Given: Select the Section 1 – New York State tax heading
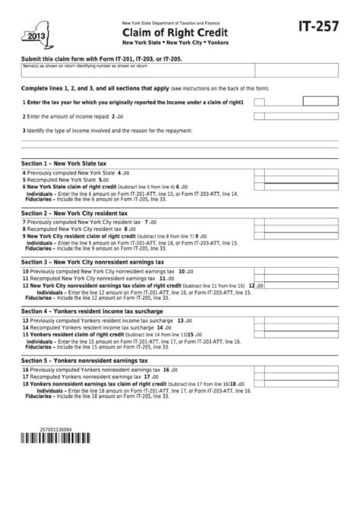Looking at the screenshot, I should (x=68, y=163).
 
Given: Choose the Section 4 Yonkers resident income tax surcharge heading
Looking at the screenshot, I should (x=96, y=311).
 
